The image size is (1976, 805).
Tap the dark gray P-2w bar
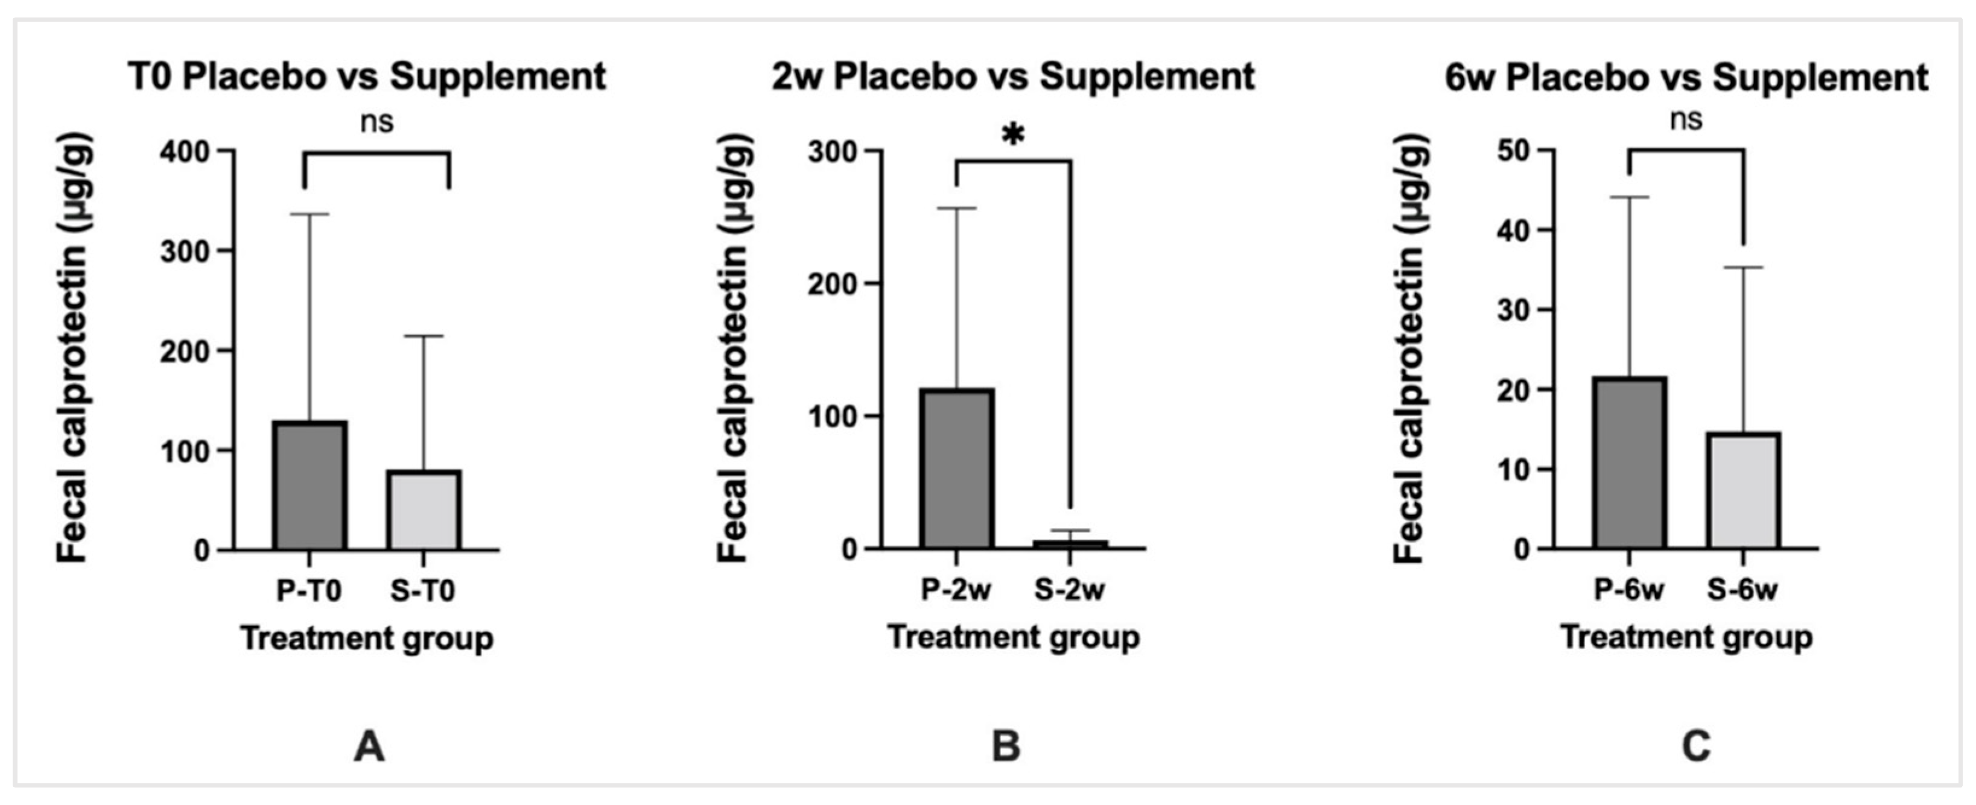(x=958, y=469)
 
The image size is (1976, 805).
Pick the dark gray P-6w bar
(x=1629, y=463)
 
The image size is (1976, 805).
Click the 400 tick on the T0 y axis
(x=185, y=152)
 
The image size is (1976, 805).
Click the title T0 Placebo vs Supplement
(x=367, y=77)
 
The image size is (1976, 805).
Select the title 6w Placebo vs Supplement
(x=1686, y=77)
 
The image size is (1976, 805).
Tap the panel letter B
(x=1006, y=746)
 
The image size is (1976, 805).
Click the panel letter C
(x=1696, y=746)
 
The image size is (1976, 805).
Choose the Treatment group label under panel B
(x=1012, y=638)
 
